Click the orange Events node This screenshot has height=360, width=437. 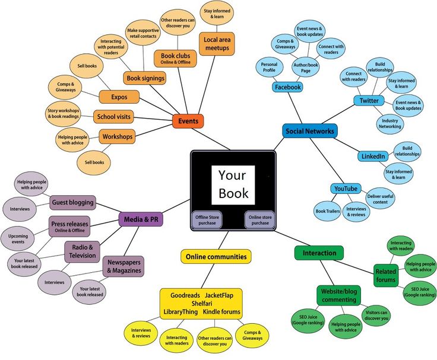pos(188,121)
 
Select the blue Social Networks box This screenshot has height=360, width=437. pos(309,131)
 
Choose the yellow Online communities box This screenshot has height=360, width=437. pos(216,257)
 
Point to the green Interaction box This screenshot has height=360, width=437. pos(319,253)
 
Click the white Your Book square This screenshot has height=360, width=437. pos(233,184)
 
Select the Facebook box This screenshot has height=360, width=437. pos(287,87)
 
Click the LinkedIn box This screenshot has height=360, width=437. pos(373,156)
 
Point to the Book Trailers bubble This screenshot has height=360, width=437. pos(328,211)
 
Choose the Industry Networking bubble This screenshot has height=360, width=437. pos(389,123)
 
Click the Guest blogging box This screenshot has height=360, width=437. pos(72,202)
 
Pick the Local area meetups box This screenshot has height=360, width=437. pos(216,44)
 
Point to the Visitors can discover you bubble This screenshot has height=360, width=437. pos(376,315)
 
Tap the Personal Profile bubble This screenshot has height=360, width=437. pos(269,67)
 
